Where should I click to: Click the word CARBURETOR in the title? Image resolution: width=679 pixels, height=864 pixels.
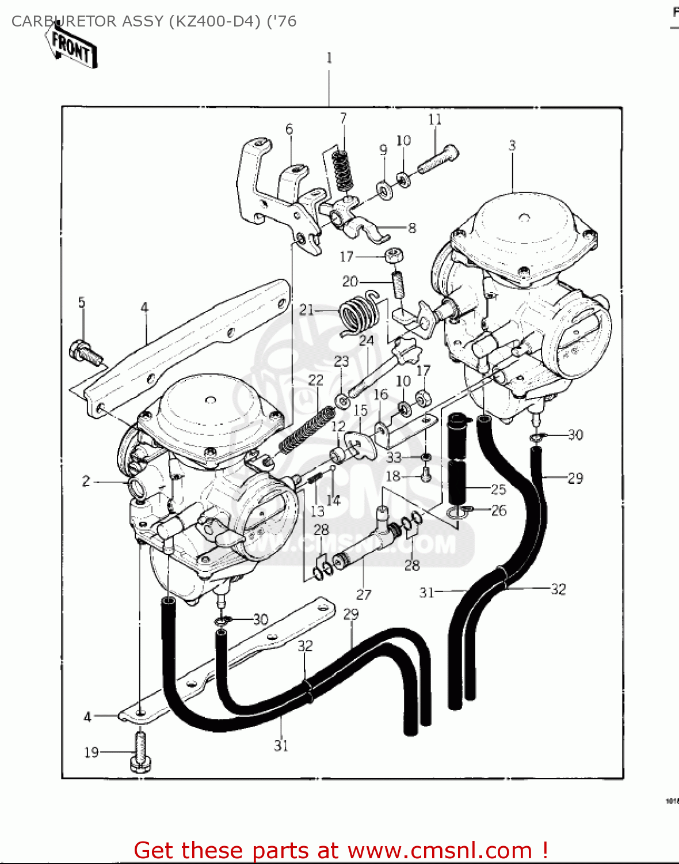pyautogui.click(x=64, y=21)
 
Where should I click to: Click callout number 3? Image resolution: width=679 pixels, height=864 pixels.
pyautogui.click(x=512, y=146)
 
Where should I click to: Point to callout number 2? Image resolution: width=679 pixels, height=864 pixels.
pyautogui.click(x=86, y=481)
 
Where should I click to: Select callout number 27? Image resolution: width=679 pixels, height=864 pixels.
pyautogui.click(x=364, y=594)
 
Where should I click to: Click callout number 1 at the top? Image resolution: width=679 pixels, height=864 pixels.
pyautogui.click(x=329, y=58)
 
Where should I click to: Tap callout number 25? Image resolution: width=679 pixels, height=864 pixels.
pyautogui.click(x=498, y=489)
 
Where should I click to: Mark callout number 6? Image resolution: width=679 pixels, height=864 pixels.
pyautogui.click(x=289, y=129)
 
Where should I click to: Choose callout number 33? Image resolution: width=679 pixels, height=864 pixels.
pyautogui.click(x=394, y=457)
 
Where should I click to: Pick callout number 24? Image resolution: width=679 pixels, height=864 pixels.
pyautogui.click(x=367, y=340)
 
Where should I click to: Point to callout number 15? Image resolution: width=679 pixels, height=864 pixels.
pyautogui.click(x=360, y=410)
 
